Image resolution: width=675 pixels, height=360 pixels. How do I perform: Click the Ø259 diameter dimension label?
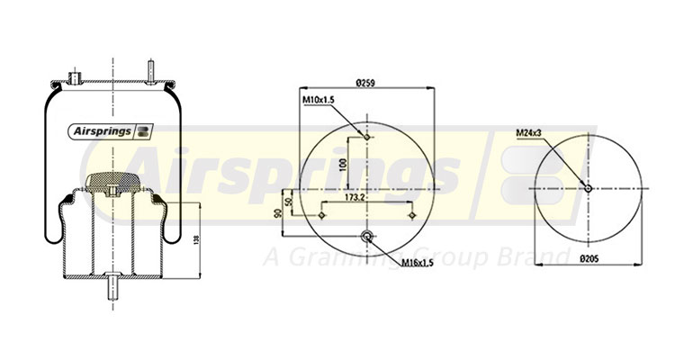[x=365, y=83]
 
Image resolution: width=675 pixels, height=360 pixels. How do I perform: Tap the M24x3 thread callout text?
[x=529, y=133]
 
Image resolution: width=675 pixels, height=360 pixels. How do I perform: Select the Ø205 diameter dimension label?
[x=589, y=258]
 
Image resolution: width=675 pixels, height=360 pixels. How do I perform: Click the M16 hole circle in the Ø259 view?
[x=367, y=236]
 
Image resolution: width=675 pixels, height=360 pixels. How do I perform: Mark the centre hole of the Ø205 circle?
[x=588, y=188]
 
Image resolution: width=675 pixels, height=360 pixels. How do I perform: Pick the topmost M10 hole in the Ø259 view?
[x=367, y=137]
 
